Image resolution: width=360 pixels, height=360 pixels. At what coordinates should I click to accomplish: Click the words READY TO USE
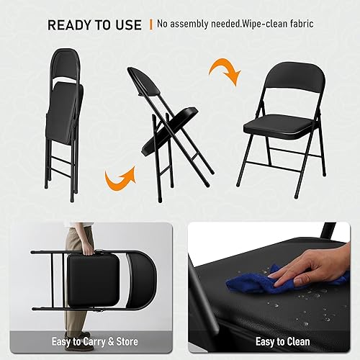pos(94,25)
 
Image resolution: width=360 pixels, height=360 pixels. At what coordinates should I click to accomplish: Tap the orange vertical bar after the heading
pos(150,25)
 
